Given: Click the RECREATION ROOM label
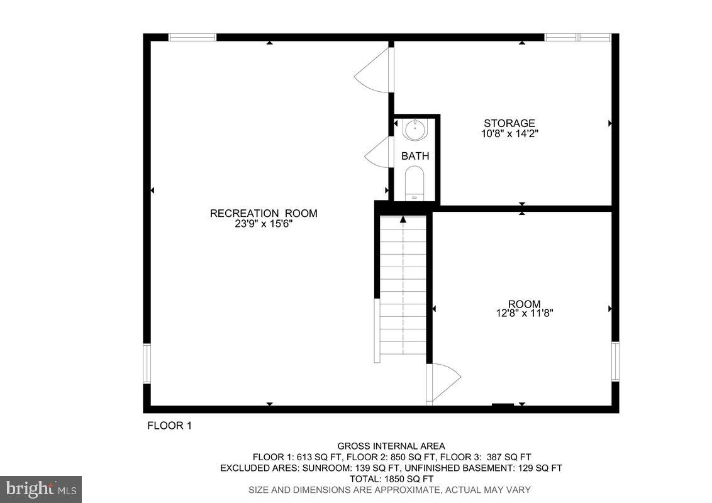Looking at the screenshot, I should tap(264, 213).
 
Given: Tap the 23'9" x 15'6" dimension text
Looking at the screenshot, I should tap(264, 223).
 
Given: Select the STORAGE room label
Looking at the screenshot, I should tap(509, 123).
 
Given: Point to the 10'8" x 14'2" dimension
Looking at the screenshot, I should tap(509, 133).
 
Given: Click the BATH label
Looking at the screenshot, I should tap(415, 156).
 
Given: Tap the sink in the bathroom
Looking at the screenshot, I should tap(414, 130).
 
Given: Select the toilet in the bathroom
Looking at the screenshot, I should tap(414, 182).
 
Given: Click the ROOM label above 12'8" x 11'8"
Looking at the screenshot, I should tap(524, 304).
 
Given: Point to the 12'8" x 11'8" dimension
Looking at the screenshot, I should tap(524, 312).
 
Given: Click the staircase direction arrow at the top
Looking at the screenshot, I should tap(403, 219).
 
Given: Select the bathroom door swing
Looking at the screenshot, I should tap(379, 152).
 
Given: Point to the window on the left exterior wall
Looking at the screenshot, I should tap(147, 363).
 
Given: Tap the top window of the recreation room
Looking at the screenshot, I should tap(192, 38).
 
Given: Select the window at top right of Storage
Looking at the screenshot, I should tap(577, 38).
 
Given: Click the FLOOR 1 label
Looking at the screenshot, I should tap(169, 426).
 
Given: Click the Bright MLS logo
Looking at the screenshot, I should tap(41, 489).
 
